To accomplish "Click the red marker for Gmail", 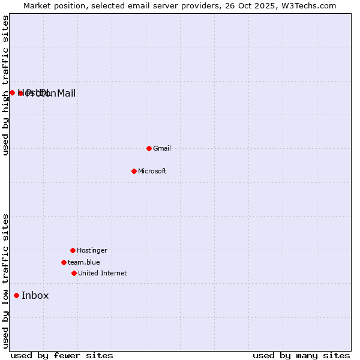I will pos(149,148).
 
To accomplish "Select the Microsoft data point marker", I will pos(134,171).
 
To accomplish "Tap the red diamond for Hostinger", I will pos(73,250).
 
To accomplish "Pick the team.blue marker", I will pos(64,262).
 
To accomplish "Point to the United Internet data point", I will pos(74,273).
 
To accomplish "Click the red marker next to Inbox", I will pos(16,295).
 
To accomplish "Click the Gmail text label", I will pos(162,148).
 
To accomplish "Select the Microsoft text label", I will pos(152,171).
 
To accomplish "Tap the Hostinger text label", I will pos(92,250).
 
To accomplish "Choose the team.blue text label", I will pos(84,262).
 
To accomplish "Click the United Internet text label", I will pos(103,273).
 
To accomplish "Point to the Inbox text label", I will pos(35,295).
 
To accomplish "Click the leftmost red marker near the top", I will pos(12,92).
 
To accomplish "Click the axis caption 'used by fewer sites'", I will pos(62,356).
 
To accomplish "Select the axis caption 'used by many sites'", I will pos(301,356).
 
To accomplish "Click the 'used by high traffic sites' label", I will pos(5,85).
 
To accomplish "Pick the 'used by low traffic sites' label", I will pos(5,281).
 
